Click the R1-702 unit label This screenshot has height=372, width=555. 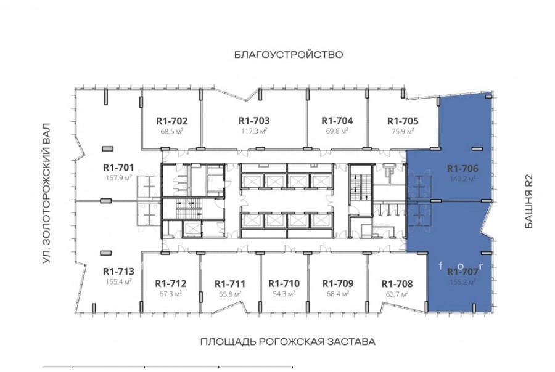click(x=171, y=121)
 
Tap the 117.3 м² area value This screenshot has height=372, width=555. click(x=254, y=131)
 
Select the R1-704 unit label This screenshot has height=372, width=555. click(x=337, y=121)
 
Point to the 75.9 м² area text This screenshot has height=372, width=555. click(x=403, y=131)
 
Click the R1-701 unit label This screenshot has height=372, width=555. click(x=118, y=168)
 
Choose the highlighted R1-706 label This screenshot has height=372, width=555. click(x=462, y=168)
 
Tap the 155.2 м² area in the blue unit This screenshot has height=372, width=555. click(x=462, y=282)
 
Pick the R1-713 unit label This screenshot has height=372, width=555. click(x=118, y=271)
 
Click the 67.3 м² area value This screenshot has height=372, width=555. click(x=171, y=294)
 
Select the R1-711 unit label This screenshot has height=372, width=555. click(x=230, y=283)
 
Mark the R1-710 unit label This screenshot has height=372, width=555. click(x=284, y=283)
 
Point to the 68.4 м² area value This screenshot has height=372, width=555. click(x=338, y=294)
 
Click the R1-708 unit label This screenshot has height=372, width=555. click(x=397, y=283)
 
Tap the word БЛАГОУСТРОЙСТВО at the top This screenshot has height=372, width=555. click(x=289, y=54)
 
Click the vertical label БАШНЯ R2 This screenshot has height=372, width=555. click(x=528, y=201)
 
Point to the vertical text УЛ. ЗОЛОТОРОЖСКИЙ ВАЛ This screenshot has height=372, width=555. click(x=46, y=193)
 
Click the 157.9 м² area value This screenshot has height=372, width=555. click(x=118, y=177)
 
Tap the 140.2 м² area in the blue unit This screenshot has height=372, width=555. click(x=462, y=179)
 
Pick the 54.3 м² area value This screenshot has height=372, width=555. click(x=284, y=294)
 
